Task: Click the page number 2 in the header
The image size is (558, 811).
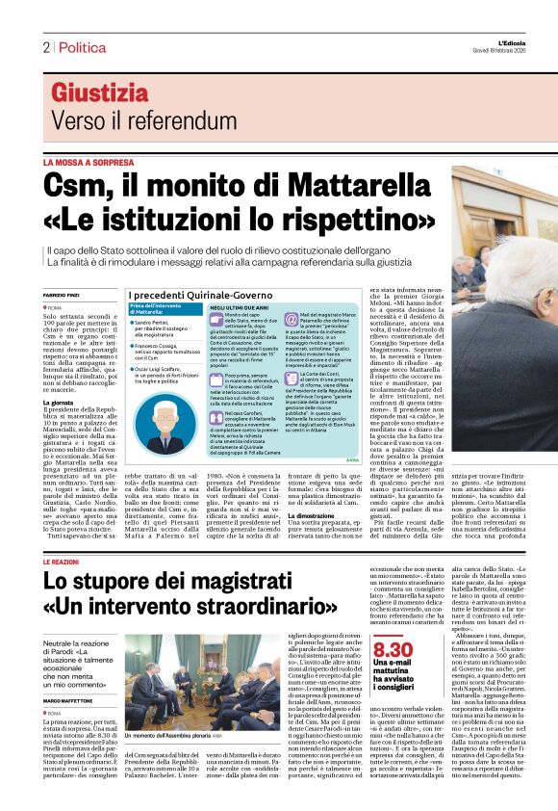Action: coord(45,47)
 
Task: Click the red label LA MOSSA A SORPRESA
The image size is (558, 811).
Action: coord(88,164)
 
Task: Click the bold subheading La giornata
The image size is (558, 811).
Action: coord(57,377)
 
